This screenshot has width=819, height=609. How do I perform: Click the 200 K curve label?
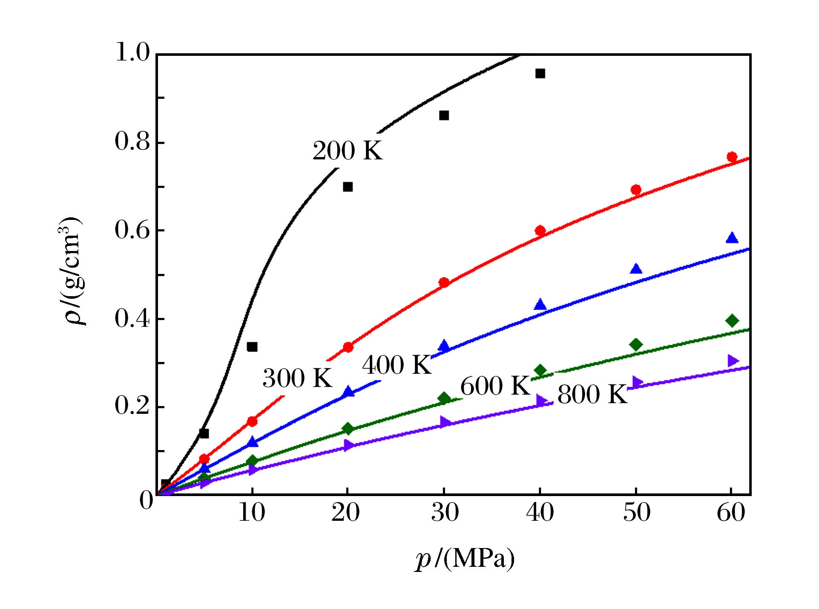[348, 151]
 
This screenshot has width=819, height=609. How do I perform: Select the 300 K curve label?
[297, 378]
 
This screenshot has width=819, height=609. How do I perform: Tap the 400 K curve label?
[397, 365]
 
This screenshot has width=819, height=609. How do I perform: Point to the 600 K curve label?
[495, 386]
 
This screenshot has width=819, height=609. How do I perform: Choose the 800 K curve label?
[592, 395]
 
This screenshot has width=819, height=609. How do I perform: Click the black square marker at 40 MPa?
[540, 74]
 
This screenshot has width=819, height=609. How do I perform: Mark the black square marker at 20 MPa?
[348, 187]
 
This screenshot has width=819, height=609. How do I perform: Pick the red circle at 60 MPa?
[732, 156]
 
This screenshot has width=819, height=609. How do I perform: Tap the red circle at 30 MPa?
[444, 282]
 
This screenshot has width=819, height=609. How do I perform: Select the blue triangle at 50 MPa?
[636, 269]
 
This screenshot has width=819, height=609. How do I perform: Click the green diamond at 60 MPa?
[732, 320]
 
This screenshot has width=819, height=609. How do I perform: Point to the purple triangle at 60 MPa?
[733, 361]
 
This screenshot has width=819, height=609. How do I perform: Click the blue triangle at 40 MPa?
[540, 305]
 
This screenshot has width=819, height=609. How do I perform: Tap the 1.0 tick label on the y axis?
[132, 53]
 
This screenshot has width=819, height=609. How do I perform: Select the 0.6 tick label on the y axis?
[132, 230]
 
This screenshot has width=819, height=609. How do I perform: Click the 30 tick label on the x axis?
[445, 513]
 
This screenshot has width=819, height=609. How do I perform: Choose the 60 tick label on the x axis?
[731, 513]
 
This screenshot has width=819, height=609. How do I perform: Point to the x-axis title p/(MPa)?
[465, 558]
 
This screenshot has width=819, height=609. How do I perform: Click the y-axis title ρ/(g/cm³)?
[70, 271]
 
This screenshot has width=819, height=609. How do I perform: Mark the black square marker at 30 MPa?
[444, 115]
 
